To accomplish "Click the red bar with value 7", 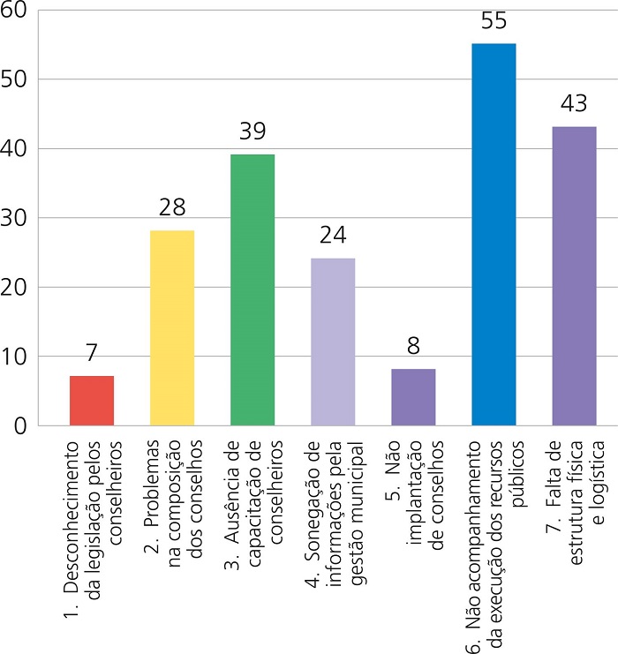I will [x=92, y=401].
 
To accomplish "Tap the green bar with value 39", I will [x=252, y=290].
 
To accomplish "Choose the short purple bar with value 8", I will [x=413, y=397].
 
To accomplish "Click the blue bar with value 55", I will [x=494, y=235].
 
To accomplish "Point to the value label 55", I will [x=494, y=20].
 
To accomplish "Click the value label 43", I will [x=574, y=104].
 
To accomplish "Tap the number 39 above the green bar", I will [x=252, y=132].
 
